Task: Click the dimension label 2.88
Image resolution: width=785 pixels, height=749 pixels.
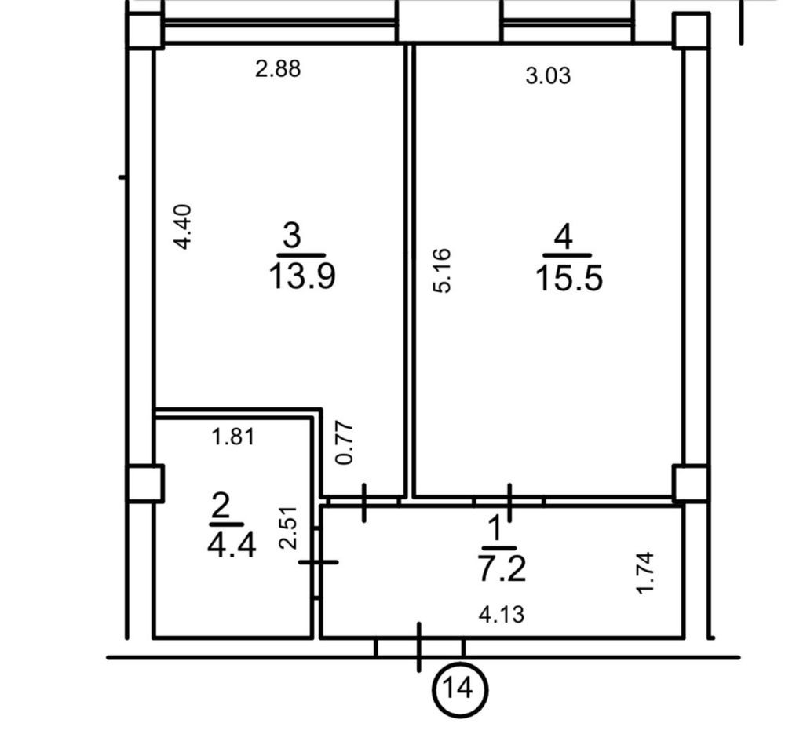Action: tap(278, 68)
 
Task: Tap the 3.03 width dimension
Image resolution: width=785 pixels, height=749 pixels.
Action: tap(548, 75)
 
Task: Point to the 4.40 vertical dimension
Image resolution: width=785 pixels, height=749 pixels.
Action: tap(182, 226)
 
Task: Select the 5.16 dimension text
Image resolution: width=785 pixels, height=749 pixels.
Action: tap(442, 270)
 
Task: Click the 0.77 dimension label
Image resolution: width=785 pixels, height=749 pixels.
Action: tap(345, 444)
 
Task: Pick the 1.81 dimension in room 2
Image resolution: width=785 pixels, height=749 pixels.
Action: tap(233, 437)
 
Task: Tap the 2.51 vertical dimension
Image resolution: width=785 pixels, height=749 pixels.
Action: tap(288, 528)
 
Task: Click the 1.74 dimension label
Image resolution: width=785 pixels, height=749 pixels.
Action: tap(644, 573)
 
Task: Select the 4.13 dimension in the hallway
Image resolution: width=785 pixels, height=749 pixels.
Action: tap(502, 614)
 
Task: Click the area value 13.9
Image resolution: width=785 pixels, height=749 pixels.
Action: tap(302, 276)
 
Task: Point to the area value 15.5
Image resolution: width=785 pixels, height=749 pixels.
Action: tap(568, 279)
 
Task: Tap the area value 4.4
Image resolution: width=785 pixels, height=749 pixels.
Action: tap(232, 545)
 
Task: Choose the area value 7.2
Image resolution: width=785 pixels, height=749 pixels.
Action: tap(502, 569)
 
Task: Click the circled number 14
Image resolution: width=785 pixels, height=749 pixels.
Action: tap(459, 690)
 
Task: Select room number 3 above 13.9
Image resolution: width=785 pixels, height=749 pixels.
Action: tap(292, 236)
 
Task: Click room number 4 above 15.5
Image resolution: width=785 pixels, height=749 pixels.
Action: tap(563, 236)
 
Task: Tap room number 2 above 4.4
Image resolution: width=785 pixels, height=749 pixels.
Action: tap(221, 506)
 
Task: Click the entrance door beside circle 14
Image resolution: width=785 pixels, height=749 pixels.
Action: tap(419, 647)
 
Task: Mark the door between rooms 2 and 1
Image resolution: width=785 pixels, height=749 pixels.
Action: tap(317, 563)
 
